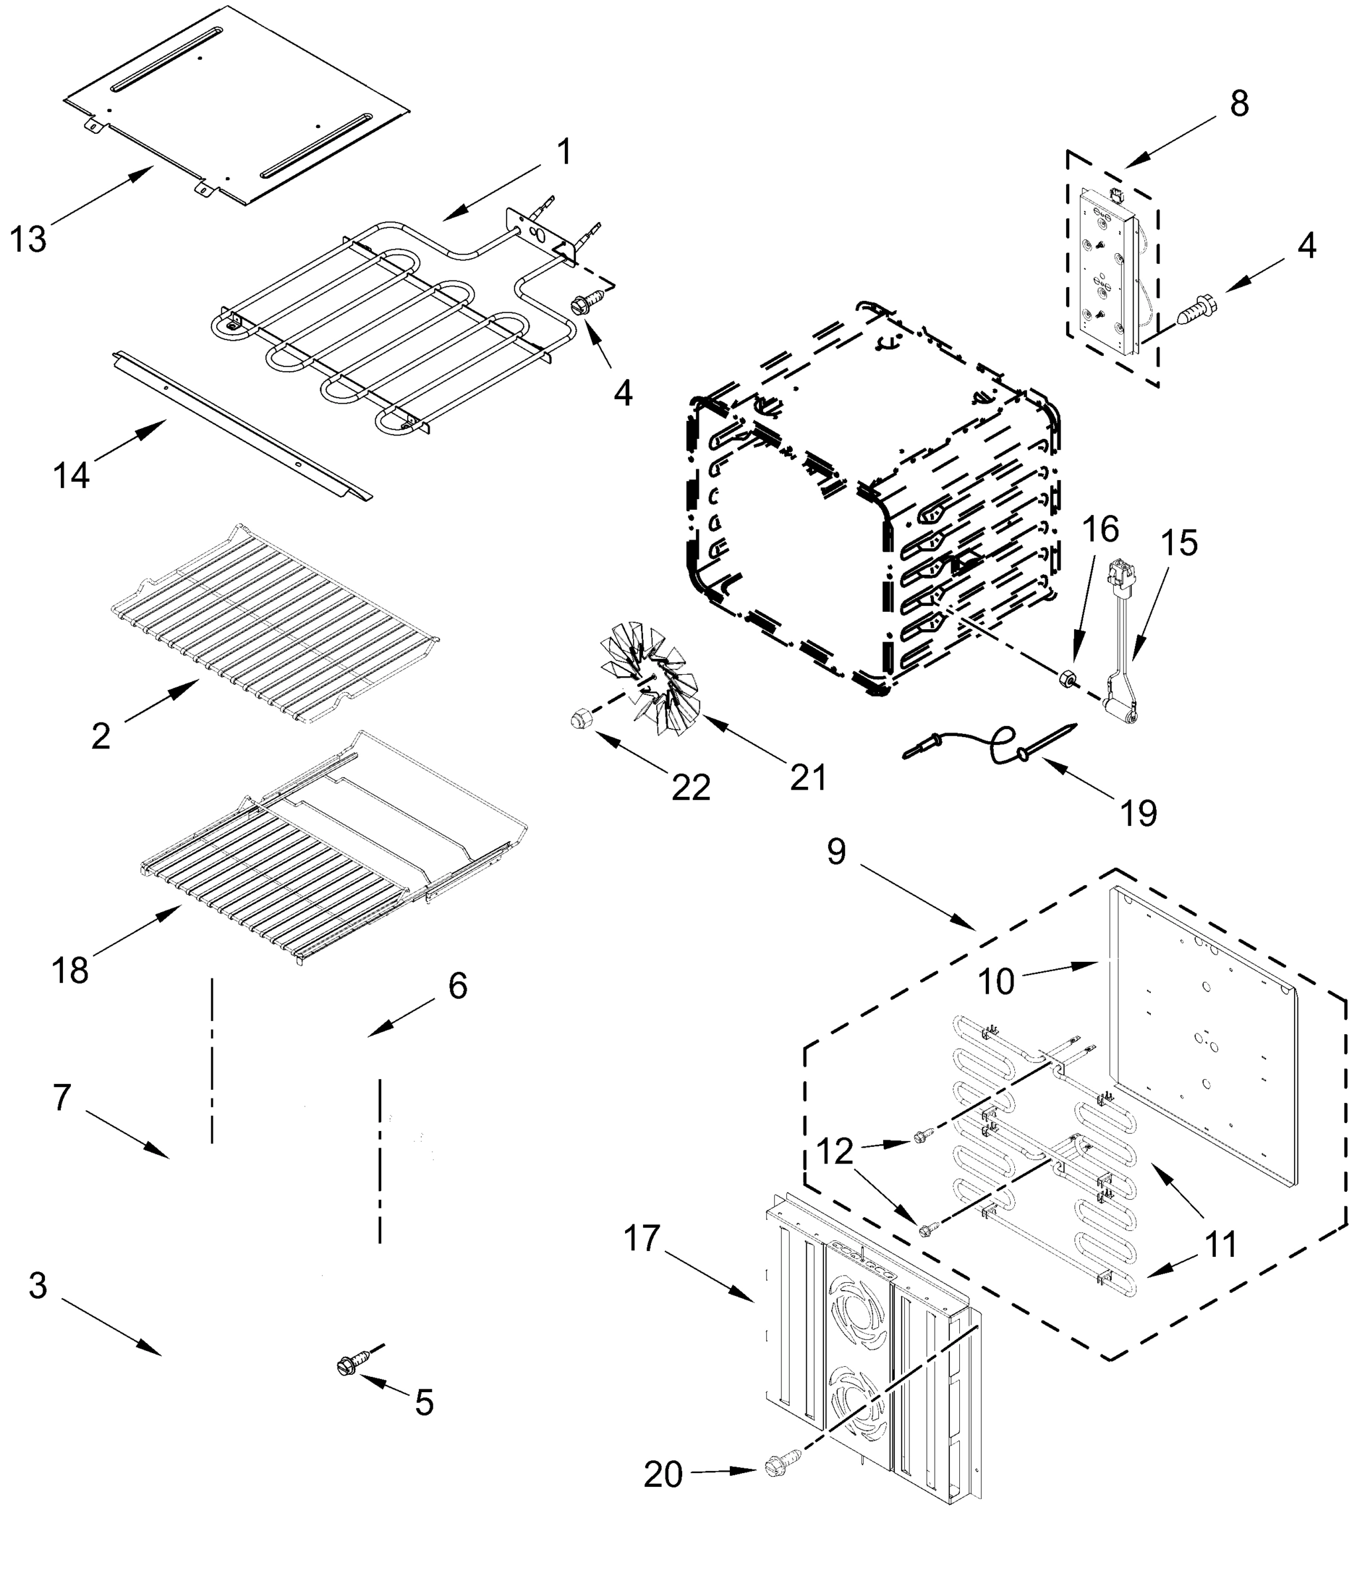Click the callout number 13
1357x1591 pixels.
tap(29, 239)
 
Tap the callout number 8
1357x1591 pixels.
tap(1239, 103)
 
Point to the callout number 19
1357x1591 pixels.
tap(1138, 812)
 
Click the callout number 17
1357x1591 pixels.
tap(641, 1238)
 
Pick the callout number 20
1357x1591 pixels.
tap(663, 1475)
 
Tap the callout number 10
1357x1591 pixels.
tap(996, 981)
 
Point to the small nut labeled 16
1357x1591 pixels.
tap(1067, 679)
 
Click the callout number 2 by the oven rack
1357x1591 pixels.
tap(101, 737)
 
